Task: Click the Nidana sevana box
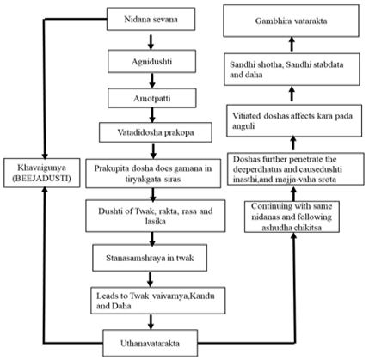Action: (151, 19)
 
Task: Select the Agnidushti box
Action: (151, 61)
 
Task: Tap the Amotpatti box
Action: (152, 98)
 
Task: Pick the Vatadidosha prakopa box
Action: (156, 132)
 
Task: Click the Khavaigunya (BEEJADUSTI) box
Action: (42, 173)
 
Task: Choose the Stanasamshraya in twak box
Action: (150, 258)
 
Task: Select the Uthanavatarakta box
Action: (151, 343)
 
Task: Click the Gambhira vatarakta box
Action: (291, 21)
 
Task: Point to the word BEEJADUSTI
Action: (42, 179)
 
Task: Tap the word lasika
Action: (155, 221)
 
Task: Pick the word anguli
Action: (243, 126)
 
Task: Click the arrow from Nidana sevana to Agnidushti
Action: (151, 42)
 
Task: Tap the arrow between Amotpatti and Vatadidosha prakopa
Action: (152, 115)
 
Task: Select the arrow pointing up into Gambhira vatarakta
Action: (292, 44)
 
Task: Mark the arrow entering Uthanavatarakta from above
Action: (151, 322)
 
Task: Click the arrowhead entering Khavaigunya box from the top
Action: (45, 155)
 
